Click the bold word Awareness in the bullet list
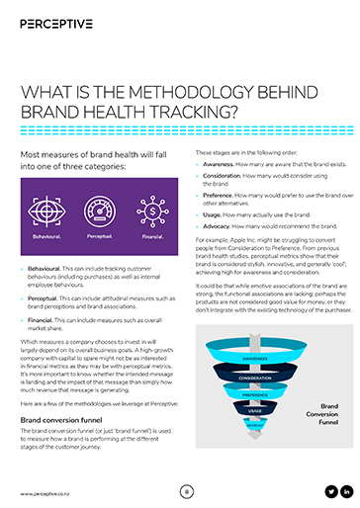221,167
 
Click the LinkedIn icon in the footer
347,491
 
